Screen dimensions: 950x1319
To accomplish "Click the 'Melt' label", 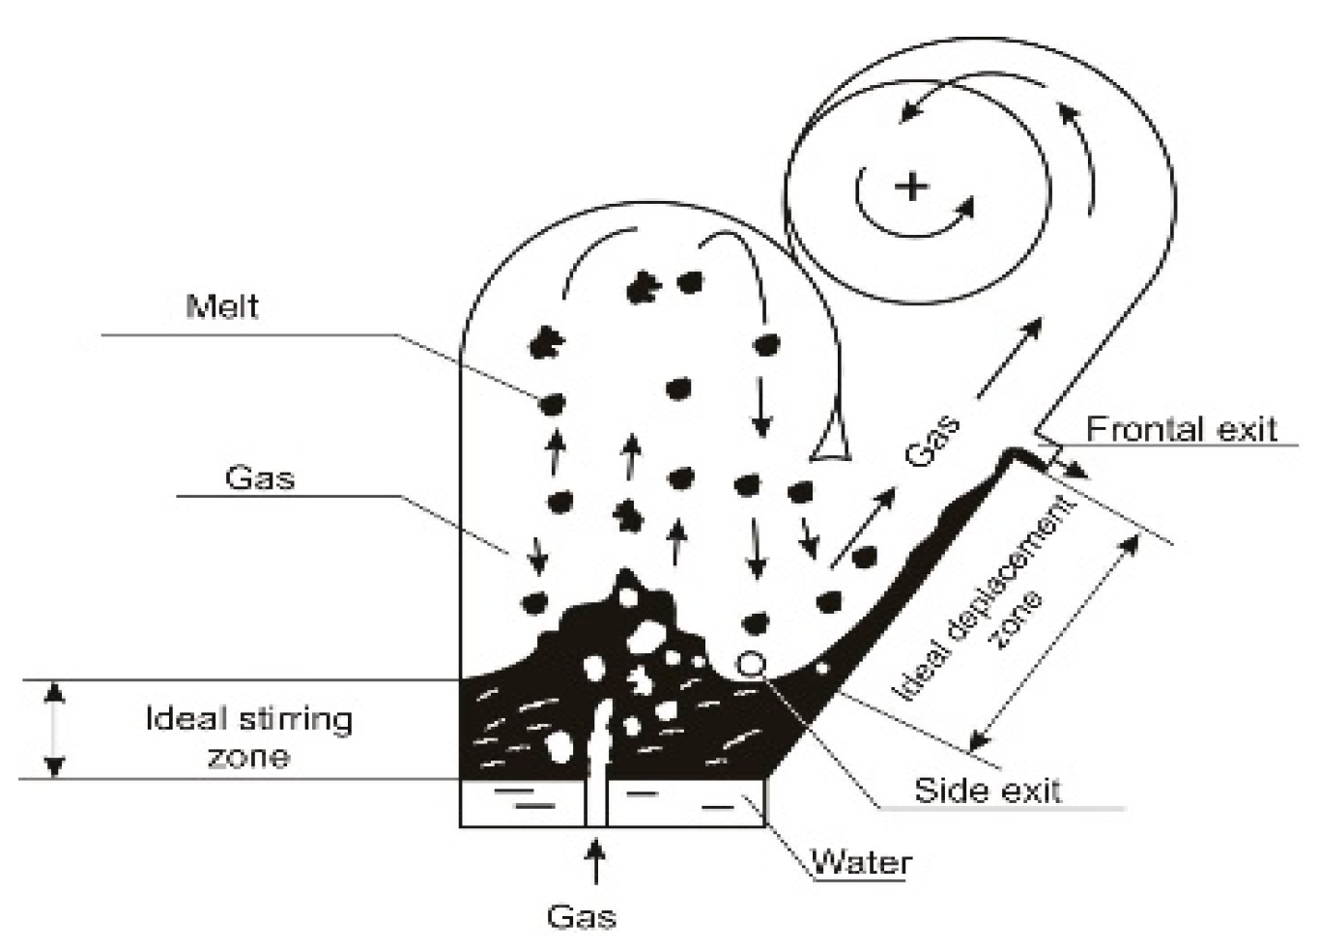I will coord(222,307).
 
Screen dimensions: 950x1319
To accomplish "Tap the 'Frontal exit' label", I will coord(1181,428).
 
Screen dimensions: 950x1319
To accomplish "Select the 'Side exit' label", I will coord(987,790).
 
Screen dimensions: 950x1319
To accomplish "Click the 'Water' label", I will coord(860,861).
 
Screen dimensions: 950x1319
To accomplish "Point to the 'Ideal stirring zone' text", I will coord(249,736).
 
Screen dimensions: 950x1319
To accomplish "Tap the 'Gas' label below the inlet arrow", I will coord(581,916).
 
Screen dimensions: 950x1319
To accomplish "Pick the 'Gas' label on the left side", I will coord(259,477).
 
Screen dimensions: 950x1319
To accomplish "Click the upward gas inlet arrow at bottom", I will coord(596,861).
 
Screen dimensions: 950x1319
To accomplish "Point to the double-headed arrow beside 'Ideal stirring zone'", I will coord(55,729).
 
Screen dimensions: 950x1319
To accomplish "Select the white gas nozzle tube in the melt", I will coord(596,763).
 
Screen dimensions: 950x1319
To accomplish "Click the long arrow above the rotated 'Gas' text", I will coord(1010,358).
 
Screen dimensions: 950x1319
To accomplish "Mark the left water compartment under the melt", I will coord(522,802).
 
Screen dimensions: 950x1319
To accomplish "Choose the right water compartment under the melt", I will coord(686,802).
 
